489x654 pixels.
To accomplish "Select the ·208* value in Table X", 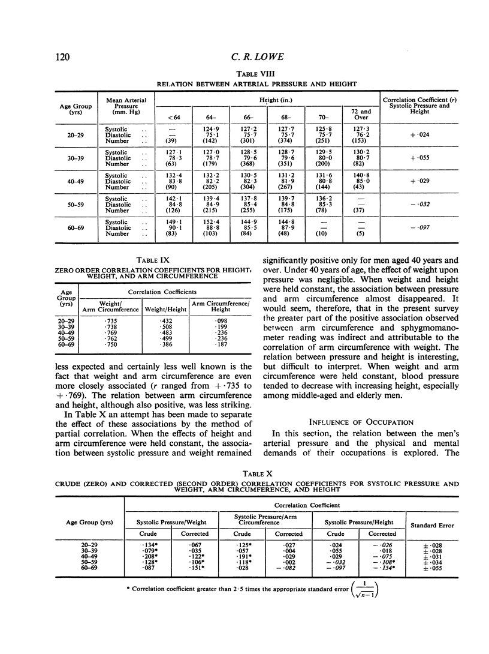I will [x=147, y=557].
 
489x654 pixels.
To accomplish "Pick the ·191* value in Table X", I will [x=242, y=557].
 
